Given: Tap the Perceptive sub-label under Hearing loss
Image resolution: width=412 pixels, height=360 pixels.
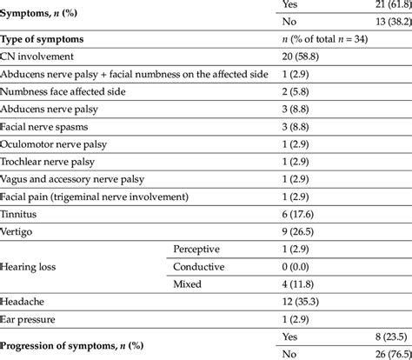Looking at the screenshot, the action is coord(201,249).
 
